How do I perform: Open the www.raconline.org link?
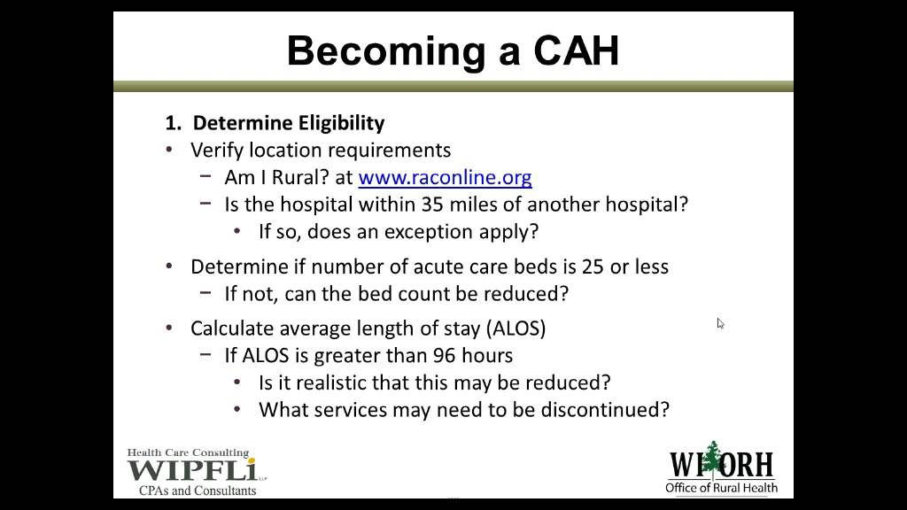(x=445, y=177)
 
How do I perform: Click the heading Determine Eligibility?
(x=289, y=123)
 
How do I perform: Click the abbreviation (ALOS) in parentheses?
(x=516, y=328)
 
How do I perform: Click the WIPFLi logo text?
(x=190, y=470)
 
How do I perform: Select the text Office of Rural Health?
(x=722, y=488)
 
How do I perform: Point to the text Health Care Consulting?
(x=188, y=452)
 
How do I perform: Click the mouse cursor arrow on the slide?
(x=720, y=323)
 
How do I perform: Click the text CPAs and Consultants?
(x=198, y=490)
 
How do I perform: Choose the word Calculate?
(x=232, y=328)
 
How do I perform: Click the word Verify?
(x=217, y=150)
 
